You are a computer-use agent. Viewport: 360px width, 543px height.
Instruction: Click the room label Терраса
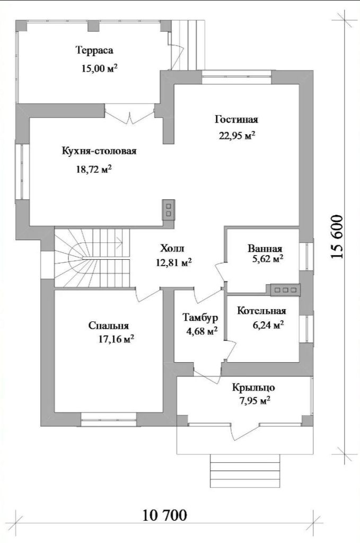pos(94,50)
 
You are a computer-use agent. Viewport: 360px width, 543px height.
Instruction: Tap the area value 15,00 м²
pos(99,68)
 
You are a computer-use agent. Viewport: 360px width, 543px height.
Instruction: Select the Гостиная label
pos(236,120)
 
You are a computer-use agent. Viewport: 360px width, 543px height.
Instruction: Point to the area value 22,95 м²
pos(237,135)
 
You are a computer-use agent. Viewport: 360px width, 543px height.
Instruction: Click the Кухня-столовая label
pos(99,151)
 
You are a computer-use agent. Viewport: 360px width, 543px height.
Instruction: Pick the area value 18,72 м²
pos(93,169)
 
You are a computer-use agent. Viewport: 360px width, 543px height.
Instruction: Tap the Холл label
pos(172,248)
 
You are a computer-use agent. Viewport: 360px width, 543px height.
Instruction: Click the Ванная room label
pos(265,249)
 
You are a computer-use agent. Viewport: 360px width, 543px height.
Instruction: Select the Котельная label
pos(262,311)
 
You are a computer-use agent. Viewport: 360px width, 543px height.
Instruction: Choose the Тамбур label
pos(200,317)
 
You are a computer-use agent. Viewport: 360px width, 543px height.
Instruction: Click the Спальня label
pos(109,326)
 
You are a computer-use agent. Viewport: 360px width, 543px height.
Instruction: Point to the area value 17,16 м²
pos(116,339)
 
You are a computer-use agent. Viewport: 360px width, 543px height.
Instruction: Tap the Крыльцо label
pos(254,388)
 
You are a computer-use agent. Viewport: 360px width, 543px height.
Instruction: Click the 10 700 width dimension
pos(165,515)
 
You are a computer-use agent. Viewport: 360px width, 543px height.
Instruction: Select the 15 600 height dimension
pos(337,237)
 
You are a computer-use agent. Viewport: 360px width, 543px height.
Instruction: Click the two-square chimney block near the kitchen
pos(169,210)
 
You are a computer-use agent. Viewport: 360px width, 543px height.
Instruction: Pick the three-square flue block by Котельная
pos(285,290)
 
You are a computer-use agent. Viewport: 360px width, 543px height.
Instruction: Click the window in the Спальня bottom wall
pos(109,419)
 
